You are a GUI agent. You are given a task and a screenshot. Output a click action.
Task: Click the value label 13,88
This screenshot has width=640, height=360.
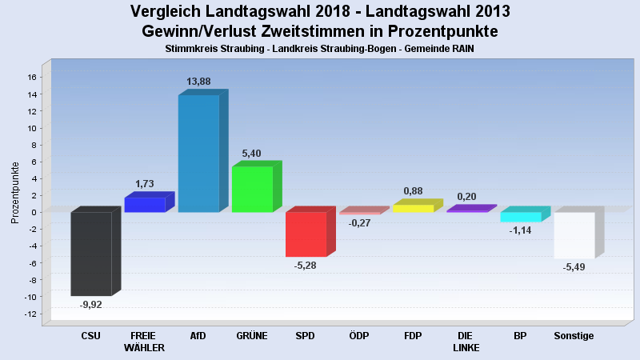[x=198, y=82]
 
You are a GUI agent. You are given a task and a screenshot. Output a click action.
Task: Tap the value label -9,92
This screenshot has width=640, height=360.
[x=90, y=305]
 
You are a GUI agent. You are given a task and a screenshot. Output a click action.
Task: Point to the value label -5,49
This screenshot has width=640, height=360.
[x=574, y=267]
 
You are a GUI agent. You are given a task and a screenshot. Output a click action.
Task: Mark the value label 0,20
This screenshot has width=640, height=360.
[x=466, y=197]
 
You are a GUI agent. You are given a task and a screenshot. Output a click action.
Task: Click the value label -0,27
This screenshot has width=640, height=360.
[x=359, y=223]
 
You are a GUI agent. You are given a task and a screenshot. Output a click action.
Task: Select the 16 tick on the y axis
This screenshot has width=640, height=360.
[x=32, y=77]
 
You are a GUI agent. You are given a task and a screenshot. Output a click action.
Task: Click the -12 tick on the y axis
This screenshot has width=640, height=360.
[x=30, y=314]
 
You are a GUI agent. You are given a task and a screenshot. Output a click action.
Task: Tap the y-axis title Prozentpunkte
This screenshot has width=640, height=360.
[x=15, y=193]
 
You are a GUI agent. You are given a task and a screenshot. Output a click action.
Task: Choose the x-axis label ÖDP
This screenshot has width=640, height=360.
[x=359, y=336]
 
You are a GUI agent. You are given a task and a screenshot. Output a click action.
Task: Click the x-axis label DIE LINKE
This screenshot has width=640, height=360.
[x=466, y=342]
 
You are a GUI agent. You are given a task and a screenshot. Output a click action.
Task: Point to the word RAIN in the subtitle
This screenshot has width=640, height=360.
[x=463, y=49]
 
